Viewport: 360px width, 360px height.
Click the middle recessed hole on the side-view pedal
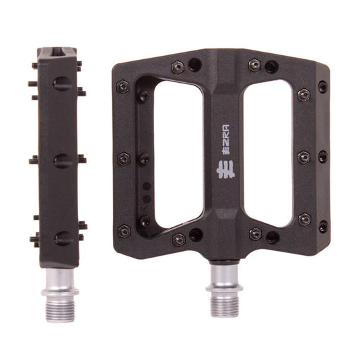[61, 160]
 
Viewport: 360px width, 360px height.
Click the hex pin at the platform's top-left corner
[123, 86]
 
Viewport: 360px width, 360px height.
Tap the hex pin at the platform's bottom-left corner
[124, 230]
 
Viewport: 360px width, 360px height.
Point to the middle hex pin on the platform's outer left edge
[123, 158]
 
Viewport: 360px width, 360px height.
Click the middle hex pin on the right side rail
[304, 156]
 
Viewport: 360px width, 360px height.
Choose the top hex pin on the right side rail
[304, 94]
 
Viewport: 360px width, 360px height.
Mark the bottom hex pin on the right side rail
[304, 219]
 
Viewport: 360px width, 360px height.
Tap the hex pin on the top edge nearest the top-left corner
[178, 66]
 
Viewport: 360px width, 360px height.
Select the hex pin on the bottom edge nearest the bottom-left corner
[179, 239]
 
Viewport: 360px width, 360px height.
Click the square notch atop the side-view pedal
[59, 50]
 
